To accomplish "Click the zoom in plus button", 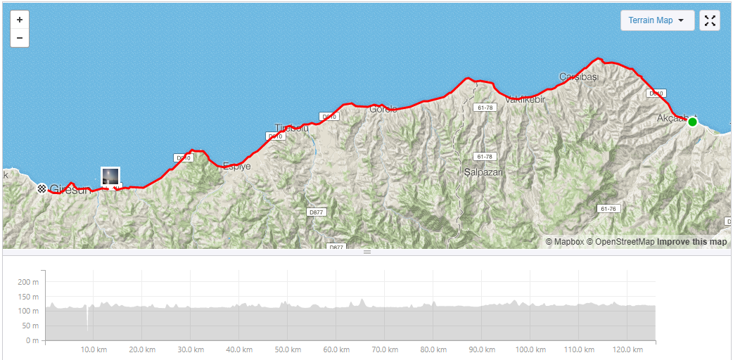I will (x=20, y=20).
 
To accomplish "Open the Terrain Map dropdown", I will (x=657, y=20).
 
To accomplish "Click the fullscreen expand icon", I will (x=710, y=20).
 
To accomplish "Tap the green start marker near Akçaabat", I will (x=692, y=122).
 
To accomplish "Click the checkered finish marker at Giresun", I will (x=42, y=188).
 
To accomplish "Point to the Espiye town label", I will (x=236, y=167).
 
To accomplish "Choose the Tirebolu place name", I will (x=291, y=128).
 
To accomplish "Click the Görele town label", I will (x=383, y=109).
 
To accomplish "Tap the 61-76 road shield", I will (x=608, y=209).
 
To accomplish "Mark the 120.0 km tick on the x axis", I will (x=627, y=349).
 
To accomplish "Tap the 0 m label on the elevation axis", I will (x=32, y=341).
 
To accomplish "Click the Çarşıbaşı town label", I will (x=578, y=76).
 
